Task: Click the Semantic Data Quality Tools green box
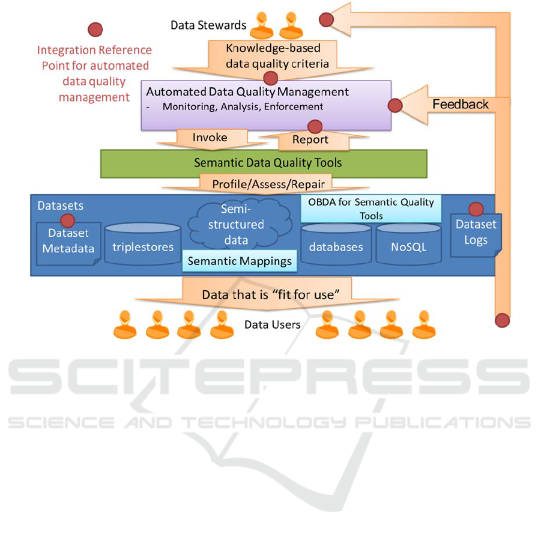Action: pos(263,163)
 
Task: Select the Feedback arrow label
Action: pos(461,105)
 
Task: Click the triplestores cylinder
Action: pos(143,245)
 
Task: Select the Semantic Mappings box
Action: pos(240,261)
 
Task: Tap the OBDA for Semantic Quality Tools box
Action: pos(371,209)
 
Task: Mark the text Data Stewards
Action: pos(208,25)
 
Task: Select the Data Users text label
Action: pos(272,325)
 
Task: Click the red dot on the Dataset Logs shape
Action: pos(476,209)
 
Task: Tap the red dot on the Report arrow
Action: pos(315,127)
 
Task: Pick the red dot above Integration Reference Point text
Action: pos(95,29)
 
